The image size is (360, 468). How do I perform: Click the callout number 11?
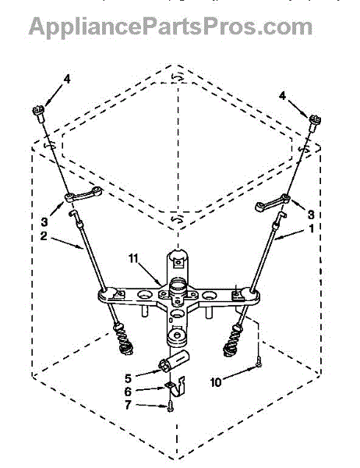coord(133,258)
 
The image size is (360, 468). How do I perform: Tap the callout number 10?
coord(216,382)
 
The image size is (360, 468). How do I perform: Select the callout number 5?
coord(128,378)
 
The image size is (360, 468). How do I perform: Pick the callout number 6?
coord(128,392)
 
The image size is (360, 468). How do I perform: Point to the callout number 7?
coord(128,405)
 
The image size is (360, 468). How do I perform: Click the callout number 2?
coord(44,236)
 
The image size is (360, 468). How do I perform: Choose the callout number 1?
coord(311,229)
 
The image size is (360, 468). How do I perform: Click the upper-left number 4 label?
coord(67,79)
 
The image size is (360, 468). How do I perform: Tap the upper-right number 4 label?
coord(282,96)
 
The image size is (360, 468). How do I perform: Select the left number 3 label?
coord(44,222)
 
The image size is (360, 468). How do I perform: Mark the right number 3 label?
coord(311,214)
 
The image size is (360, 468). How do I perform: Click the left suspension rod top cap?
coord(39,113)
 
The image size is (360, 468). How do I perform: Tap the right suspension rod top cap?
coord(315,122)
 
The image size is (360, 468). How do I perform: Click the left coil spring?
coord(122,339)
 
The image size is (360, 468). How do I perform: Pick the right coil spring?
coord(232,341)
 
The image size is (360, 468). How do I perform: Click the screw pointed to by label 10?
coord(259,362)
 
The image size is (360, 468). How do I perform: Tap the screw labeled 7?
coord(170,406)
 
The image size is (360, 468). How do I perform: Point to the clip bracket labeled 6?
coord(176,386)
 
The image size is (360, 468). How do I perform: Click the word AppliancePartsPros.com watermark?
coord(171,27)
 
